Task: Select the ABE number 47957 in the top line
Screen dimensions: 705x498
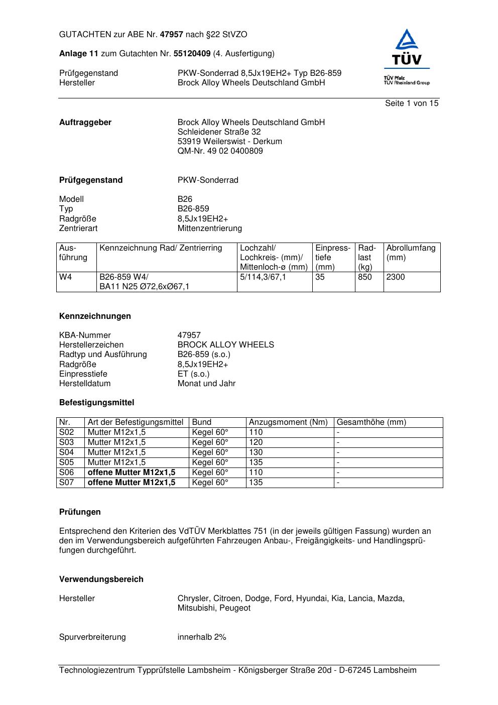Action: [172, 35]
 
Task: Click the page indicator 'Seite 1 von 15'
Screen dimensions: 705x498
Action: [412, 103]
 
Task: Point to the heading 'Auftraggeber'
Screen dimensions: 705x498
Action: [85, 123]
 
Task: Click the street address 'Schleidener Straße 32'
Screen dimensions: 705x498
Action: [219, 132]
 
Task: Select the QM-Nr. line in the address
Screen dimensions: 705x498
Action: [220, 151]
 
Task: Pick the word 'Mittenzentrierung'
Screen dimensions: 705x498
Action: [209, 228]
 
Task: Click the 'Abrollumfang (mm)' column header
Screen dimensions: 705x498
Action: [411, 253]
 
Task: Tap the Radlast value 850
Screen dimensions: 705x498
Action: [365, 277]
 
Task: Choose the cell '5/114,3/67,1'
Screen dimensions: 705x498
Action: [263, 277]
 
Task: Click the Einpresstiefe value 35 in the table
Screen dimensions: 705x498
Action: [320, 277]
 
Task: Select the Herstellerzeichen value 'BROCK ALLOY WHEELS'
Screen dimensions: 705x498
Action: [225, 345]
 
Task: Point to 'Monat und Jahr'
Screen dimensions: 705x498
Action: [206, 384]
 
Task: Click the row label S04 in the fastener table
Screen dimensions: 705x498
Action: [66, 452]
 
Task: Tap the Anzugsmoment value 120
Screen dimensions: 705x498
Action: [256, 442]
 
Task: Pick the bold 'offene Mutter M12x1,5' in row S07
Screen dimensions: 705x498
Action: [132, 483]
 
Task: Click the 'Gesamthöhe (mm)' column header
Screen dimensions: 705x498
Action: [371, 422]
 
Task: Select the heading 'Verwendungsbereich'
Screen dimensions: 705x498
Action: [101, 579]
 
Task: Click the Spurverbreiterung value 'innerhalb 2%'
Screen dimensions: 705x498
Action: [202, 637]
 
